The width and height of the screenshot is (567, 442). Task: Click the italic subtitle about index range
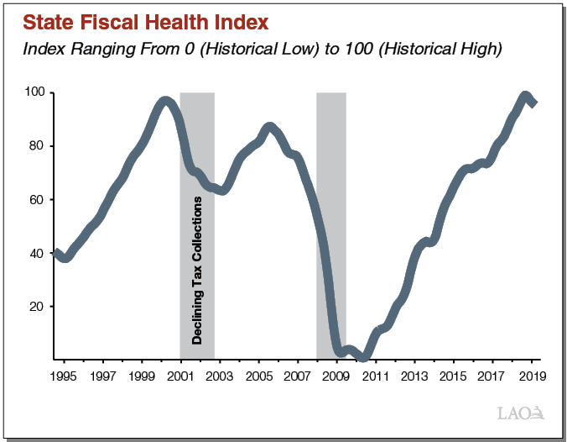coord(263,50)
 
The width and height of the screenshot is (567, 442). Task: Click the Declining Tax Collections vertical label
coord(197,270)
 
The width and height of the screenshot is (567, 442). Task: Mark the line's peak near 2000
coord(165,101)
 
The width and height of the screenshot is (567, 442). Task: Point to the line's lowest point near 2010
coord(362,358)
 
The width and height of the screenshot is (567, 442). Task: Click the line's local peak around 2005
coord(269,127)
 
